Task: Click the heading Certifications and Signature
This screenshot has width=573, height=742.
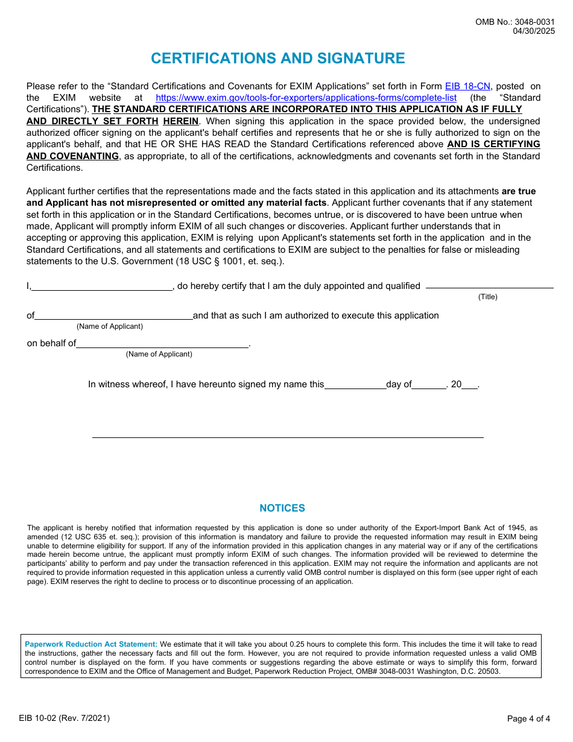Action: click(x=277, y=59)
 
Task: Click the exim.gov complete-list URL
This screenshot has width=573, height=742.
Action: click(x=306, y=98)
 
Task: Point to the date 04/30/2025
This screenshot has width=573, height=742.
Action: click(x=534, y=31)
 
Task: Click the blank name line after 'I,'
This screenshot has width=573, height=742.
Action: click(x=102, y=287)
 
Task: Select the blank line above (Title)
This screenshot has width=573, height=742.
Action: click(x=489, y=285)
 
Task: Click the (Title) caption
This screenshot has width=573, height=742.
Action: click(x=487, y=297)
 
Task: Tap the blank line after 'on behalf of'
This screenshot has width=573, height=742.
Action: click(x=162, y=344)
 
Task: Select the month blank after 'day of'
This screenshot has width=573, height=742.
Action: click(x=429, y=385)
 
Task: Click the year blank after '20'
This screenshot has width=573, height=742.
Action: click(x=470, y=385)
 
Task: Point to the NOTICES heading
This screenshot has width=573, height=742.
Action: click(x=282, y=509)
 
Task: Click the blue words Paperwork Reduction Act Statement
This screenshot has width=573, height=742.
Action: click(x=91, y=644)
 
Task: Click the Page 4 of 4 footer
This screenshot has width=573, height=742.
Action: click(x=528, y=718)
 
